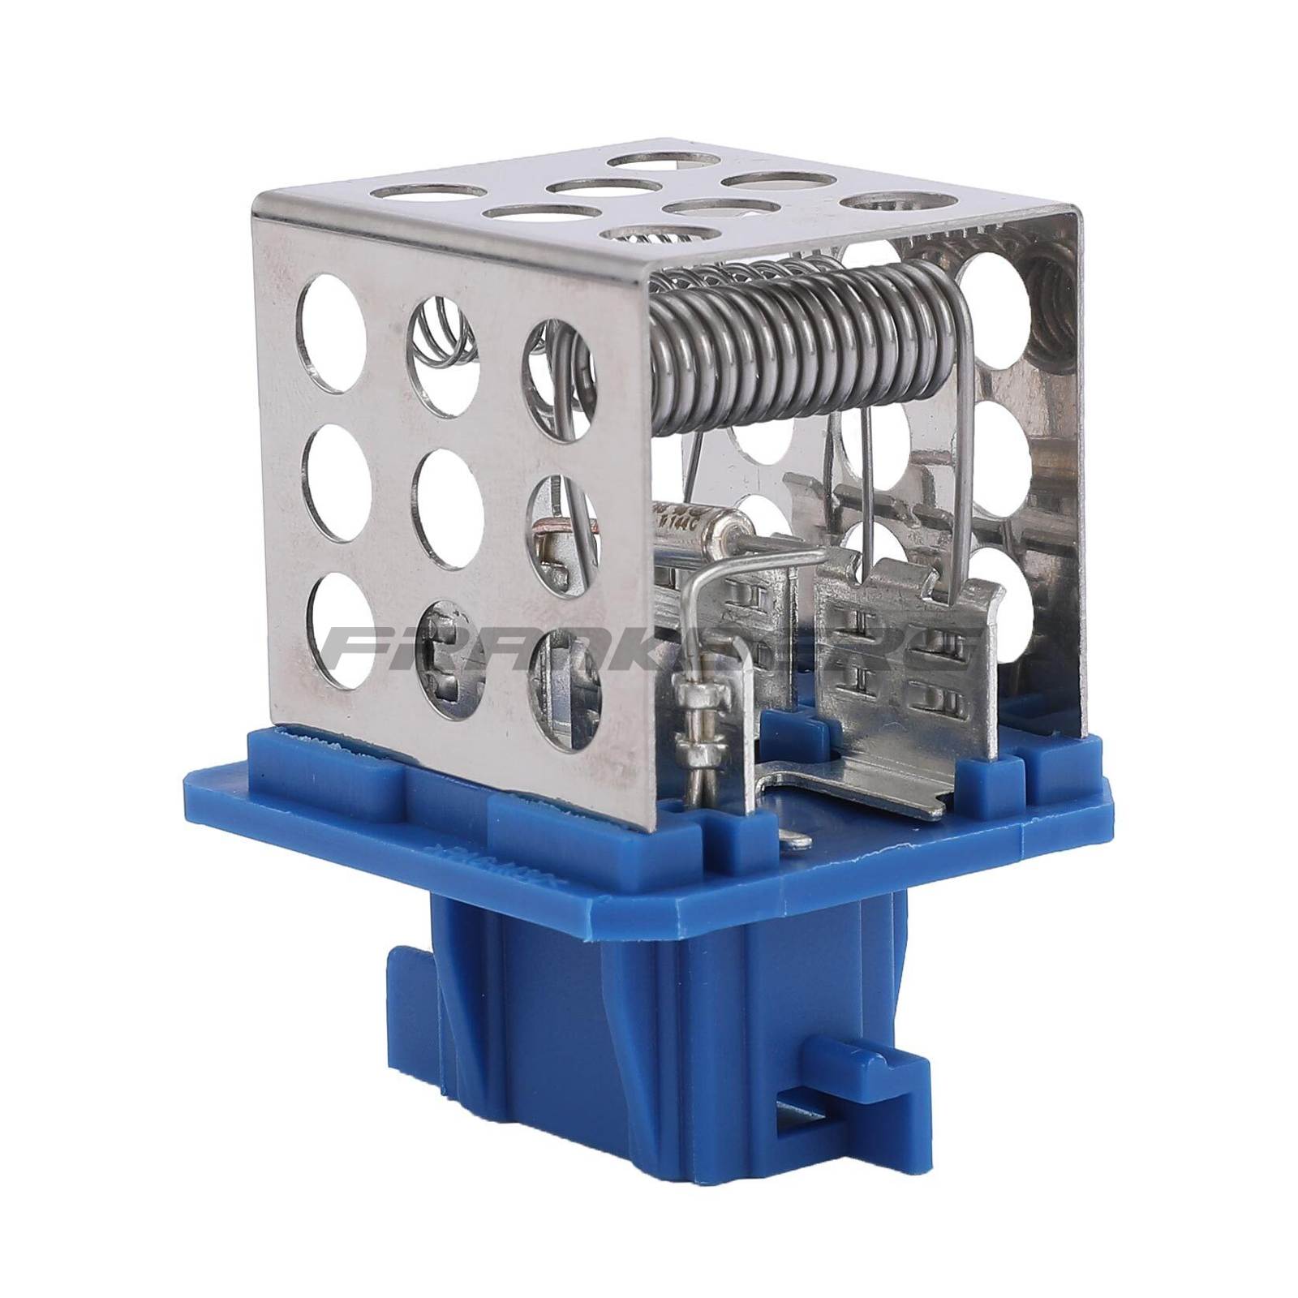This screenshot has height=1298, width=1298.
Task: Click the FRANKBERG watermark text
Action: coord(649,649)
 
